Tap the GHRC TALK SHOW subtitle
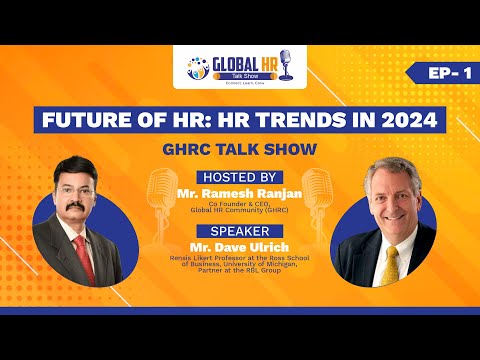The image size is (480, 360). coord(239,149)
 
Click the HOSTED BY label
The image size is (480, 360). coord(240,176)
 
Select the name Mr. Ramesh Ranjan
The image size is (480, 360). coord(240,190)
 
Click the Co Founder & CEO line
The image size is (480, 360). coord(240,203)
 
